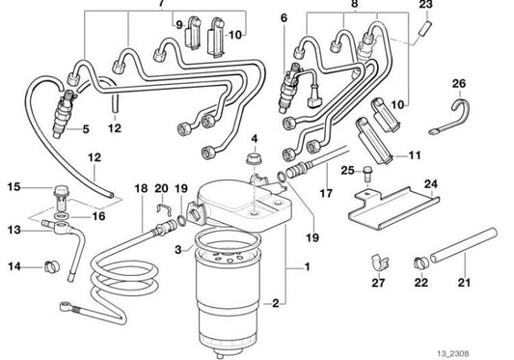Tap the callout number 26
pyautogui.click(x=458, y=83)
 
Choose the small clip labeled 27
pyautogui.click(x=378, y=262)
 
